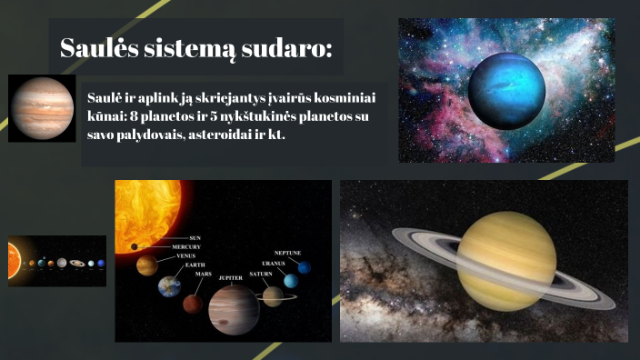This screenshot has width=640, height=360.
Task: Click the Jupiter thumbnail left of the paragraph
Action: tap(42, 108)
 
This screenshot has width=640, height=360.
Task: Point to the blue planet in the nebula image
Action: tap(505, 88)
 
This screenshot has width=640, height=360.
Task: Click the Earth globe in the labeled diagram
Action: tap(169, 287)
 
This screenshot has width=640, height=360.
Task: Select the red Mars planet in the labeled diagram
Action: tap(192, 304)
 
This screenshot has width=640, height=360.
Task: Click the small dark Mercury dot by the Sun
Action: tap(135, 246)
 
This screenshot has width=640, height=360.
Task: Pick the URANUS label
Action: tap(274, 263)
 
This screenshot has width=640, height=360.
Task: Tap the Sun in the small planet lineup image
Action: tap(12, 262)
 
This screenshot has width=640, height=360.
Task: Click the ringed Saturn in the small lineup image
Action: tap(76, 264)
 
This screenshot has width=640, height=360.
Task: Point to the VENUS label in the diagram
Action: tap(185, 255)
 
